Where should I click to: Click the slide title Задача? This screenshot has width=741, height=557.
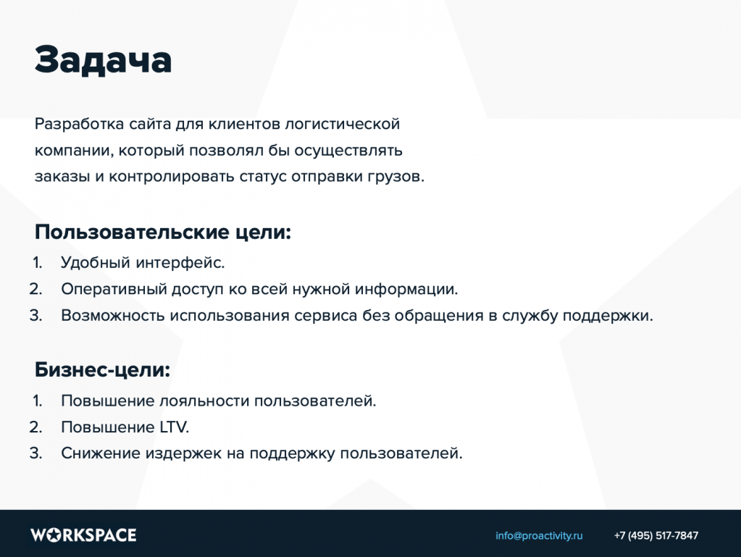[103, 60]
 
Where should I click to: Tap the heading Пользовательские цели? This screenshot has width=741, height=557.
[162, 233]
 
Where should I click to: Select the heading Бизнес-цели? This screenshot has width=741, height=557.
[102, 370]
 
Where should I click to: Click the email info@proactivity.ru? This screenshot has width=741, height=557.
[539, 536]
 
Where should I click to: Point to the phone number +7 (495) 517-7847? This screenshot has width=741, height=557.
[656, 536]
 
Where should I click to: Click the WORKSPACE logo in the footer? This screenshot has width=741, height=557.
[83, 535]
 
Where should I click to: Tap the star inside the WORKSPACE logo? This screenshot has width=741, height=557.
[54, 535]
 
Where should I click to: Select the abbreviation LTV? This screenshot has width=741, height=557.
[174, 427]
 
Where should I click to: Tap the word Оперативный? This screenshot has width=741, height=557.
[114, 289]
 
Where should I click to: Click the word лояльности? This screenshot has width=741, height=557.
[204, 401]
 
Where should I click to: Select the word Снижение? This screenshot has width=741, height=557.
[101, 453]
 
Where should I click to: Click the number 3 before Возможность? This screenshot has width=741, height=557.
[35, 316]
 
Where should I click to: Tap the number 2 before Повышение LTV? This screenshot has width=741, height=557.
[35, 427]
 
